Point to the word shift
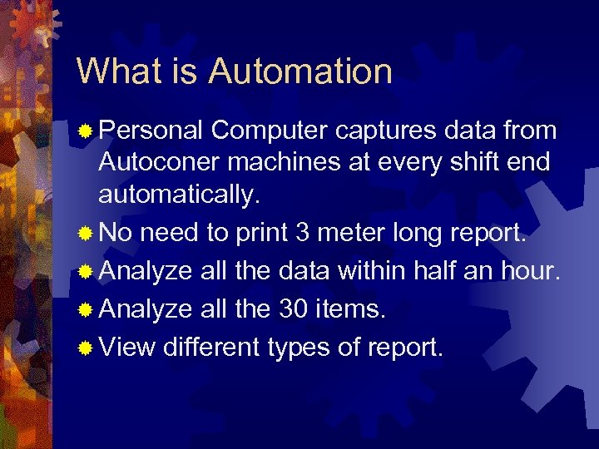(x=471, y=162)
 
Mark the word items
(x=349, y=308)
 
